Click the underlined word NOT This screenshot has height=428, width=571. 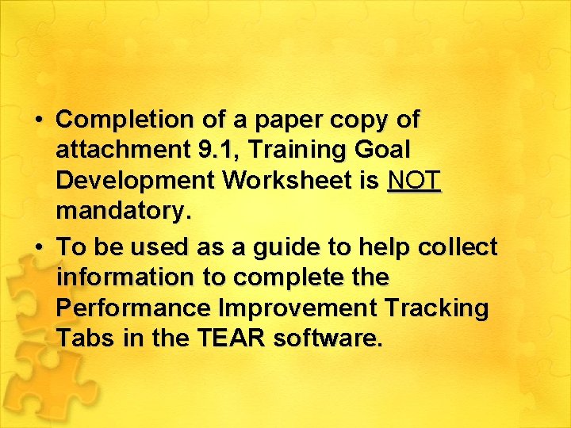click(x=413, y=180)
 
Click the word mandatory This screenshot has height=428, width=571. click(x=122, y=211)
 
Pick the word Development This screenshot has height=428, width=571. click(x=136, y=180)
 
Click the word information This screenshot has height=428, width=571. click(x=125, y=278)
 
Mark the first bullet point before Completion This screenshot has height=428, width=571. click(x=39, y=120)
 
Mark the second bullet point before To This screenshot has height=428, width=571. click(x=39, y=248)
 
